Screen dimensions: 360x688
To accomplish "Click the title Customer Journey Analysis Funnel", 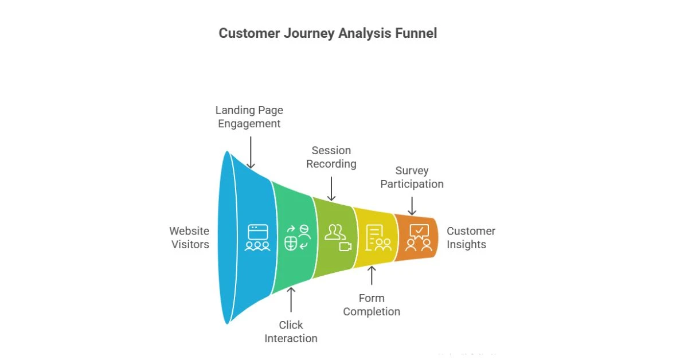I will (327, 33).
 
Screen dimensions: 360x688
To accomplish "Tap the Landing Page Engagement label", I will (249, 116).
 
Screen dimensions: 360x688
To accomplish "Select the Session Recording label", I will (331, 157).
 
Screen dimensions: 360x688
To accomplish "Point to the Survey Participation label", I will (412, 177).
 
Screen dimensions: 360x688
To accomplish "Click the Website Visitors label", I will (189, 237).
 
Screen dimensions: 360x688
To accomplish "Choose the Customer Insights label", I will (471, 237).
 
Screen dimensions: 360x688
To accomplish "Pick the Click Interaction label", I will (291, 332).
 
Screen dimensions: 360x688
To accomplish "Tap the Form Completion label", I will (372, 305).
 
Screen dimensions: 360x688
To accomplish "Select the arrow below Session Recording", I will (331, 187).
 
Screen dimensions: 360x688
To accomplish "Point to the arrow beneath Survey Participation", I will (412, 205).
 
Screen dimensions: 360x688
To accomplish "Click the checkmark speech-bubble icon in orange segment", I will (419, 231).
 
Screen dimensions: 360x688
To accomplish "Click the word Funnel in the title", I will (416, 33).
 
